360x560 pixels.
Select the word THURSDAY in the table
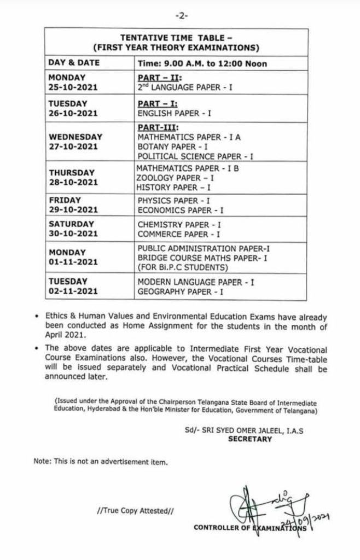point(72,172)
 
